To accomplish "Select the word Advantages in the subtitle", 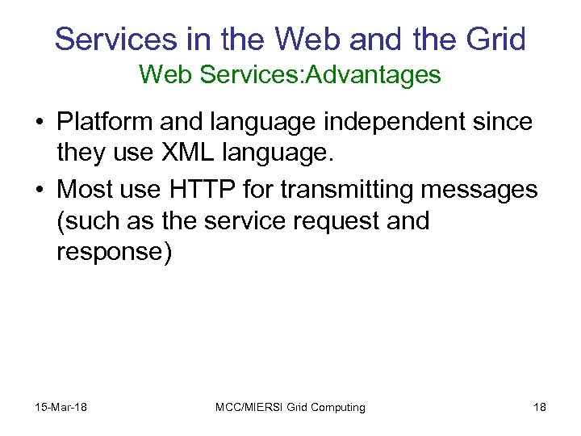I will click(378, 75).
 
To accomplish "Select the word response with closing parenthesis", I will click(114, 252).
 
